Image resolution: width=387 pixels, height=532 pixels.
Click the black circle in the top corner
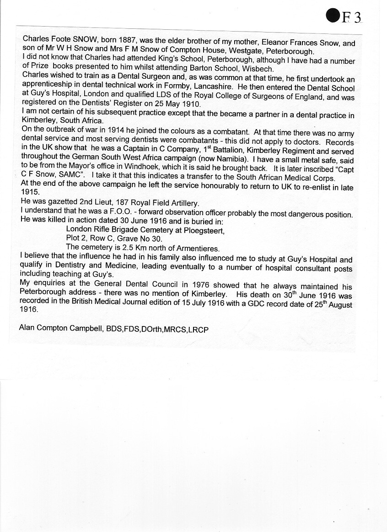pos(333,16)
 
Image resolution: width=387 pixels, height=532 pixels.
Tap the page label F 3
pos(352,17)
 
